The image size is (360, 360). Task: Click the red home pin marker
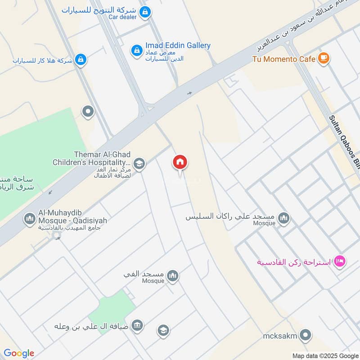point(180,162)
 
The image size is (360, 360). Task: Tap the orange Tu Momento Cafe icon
point(323,58)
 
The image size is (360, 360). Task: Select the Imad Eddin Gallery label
point(178,45)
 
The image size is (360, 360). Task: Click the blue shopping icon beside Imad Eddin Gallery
point(136,50)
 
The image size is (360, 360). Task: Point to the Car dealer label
point(122,17)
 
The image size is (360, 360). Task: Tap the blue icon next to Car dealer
point(145,12)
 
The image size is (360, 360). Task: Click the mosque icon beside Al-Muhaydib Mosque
point(30,219)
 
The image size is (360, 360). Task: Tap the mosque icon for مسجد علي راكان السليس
point(283,219)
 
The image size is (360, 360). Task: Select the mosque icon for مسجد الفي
point(172,276)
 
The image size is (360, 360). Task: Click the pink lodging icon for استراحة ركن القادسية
point(340,261)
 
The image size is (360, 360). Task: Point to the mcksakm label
point(281,335)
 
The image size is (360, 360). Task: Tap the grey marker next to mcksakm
point(306,335)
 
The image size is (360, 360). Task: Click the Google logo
point(19,353)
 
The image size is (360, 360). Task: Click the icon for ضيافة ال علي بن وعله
point(137,325)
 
